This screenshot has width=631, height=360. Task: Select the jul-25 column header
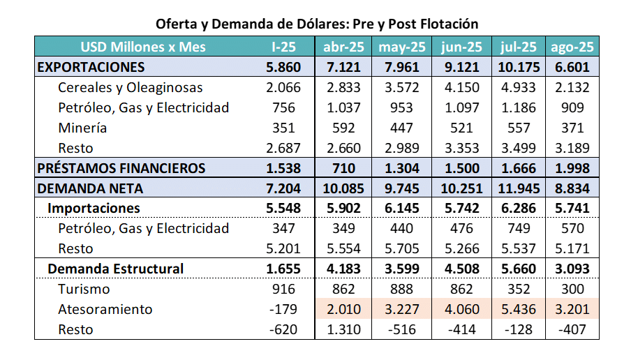click(x=518, y=47)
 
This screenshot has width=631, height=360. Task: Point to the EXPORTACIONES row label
click(x=91, y=68)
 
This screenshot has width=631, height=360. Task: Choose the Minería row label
click(x=82, y=128)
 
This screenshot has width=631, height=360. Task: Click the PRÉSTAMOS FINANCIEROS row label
click(x=121, y=168)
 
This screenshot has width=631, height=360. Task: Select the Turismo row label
click(x=84, y=289)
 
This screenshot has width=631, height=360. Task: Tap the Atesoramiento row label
click(x=105, y=309)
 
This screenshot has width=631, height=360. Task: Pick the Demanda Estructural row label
click(x=115, y=269)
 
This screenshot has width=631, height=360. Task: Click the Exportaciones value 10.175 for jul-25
click(x=518, y=68)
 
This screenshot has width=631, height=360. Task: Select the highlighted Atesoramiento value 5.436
click(x=518, y=309)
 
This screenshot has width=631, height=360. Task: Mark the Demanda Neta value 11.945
click(x=518, y=188)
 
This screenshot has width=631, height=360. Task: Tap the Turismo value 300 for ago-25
click(x=572, y=289)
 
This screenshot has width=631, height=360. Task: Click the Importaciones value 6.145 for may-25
click(x=402, y=209)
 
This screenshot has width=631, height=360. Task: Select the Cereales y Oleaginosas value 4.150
click(x=461, y=88)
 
